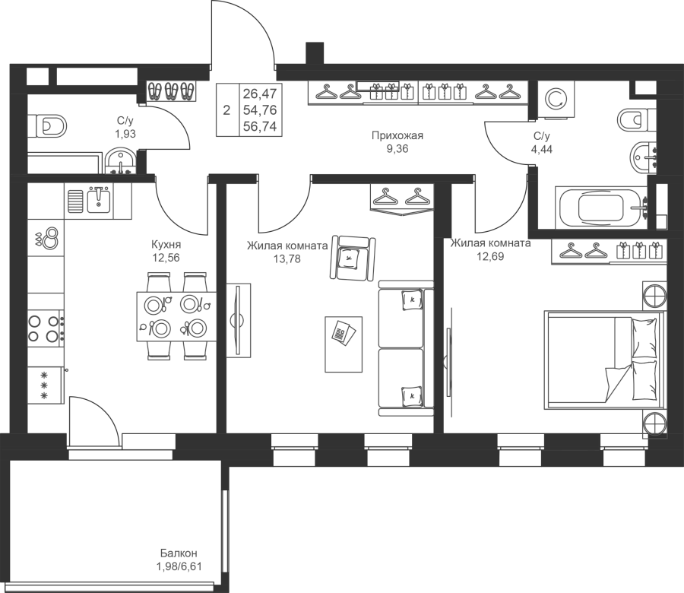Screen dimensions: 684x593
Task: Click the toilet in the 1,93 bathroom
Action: point(47,126)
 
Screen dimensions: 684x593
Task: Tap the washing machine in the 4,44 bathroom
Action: point(556,100)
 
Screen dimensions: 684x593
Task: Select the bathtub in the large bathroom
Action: point(601,208)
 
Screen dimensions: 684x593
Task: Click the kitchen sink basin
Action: point(99,200)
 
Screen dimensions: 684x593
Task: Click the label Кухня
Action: point(166,244)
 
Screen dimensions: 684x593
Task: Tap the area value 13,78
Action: point(287,259)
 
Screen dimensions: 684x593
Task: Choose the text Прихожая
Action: point(397,135)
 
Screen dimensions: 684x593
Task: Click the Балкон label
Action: point(179,553)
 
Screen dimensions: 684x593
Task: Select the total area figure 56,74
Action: point(260,126)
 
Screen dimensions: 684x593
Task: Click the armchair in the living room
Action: point(353,258)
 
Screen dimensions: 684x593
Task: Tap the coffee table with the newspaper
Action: point(344,344)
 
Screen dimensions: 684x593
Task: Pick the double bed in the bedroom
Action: point(604,360)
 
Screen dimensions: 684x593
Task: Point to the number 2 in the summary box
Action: point(226,110)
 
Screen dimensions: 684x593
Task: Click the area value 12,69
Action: point(490,256)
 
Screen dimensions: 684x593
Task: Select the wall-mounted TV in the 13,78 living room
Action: point(238,321)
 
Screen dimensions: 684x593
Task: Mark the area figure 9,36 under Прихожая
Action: point(397,149)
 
